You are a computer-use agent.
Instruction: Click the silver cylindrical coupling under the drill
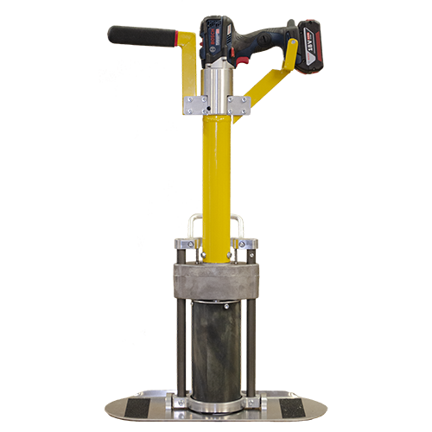[216, 83]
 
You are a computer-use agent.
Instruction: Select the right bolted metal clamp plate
[238, 105]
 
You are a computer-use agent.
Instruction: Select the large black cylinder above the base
[216, 346]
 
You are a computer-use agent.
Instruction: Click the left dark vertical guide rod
[181, 346]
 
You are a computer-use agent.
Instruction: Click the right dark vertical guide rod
[251, 346]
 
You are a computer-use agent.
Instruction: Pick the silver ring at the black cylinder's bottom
[216, 403]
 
